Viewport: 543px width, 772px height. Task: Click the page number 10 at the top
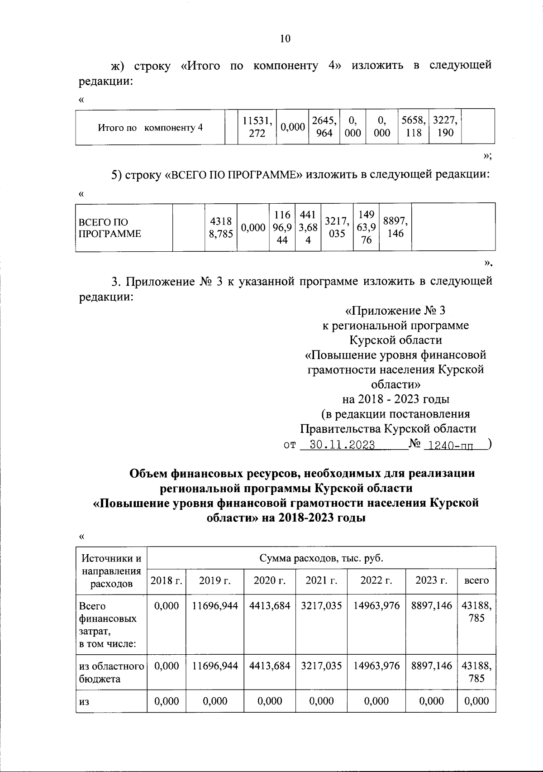point(285,38)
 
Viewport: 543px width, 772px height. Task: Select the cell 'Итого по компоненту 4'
point(150,127)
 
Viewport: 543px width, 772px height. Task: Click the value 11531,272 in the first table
point(257,127)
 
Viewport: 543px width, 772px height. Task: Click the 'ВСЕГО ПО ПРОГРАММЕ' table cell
point(110,228)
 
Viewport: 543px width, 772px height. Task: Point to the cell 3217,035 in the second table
point(337,228)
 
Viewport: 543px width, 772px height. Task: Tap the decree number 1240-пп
point(450,445)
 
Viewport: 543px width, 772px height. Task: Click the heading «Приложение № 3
point(395,311)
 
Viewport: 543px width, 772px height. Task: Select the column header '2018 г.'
point(166,580)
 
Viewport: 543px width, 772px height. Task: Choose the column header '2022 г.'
point(376,580)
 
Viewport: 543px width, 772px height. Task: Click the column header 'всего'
point(476,580)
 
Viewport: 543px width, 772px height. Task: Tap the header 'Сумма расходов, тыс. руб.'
point(321,558)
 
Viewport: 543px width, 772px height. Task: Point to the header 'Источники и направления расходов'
point(111,571)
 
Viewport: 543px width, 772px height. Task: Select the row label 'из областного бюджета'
point(111,672)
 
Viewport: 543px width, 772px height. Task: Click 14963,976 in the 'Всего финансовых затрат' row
point(376,606)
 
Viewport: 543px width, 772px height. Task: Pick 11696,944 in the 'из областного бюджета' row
point(214,666)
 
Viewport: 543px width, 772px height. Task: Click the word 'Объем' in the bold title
point(148,474)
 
